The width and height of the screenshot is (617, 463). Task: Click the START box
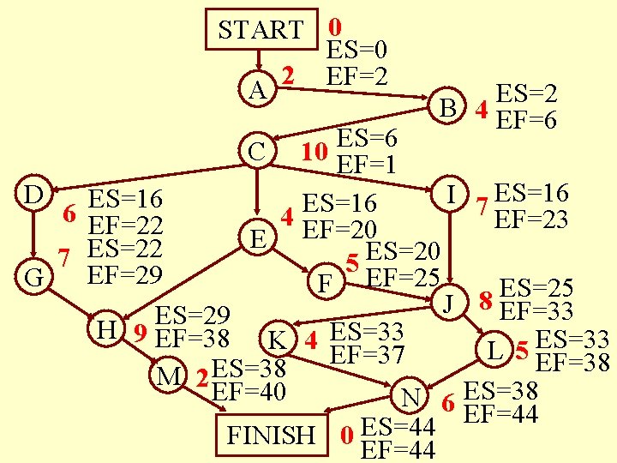click(x=261, y=30)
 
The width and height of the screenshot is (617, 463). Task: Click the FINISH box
click(x=270, y=435)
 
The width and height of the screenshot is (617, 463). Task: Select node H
click(x=106, y=328)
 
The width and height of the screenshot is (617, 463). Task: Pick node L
click(x=492, y=351)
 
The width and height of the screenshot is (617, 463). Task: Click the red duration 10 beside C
click(x=315, y=152)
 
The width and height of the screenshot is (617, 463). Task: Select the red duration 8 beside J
click(x=485, y=302)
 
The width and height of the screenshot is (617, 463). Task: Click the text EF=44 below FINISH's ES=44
click(x=400, y=449)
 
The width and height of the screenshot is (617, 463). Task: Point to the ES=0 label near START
click(x=359, y=51)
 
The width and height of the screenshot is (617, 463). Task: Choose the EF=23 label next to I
click(x=531, y=219)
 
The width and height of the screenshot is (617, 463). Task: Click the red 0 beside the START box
click(x=336, y=27)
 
